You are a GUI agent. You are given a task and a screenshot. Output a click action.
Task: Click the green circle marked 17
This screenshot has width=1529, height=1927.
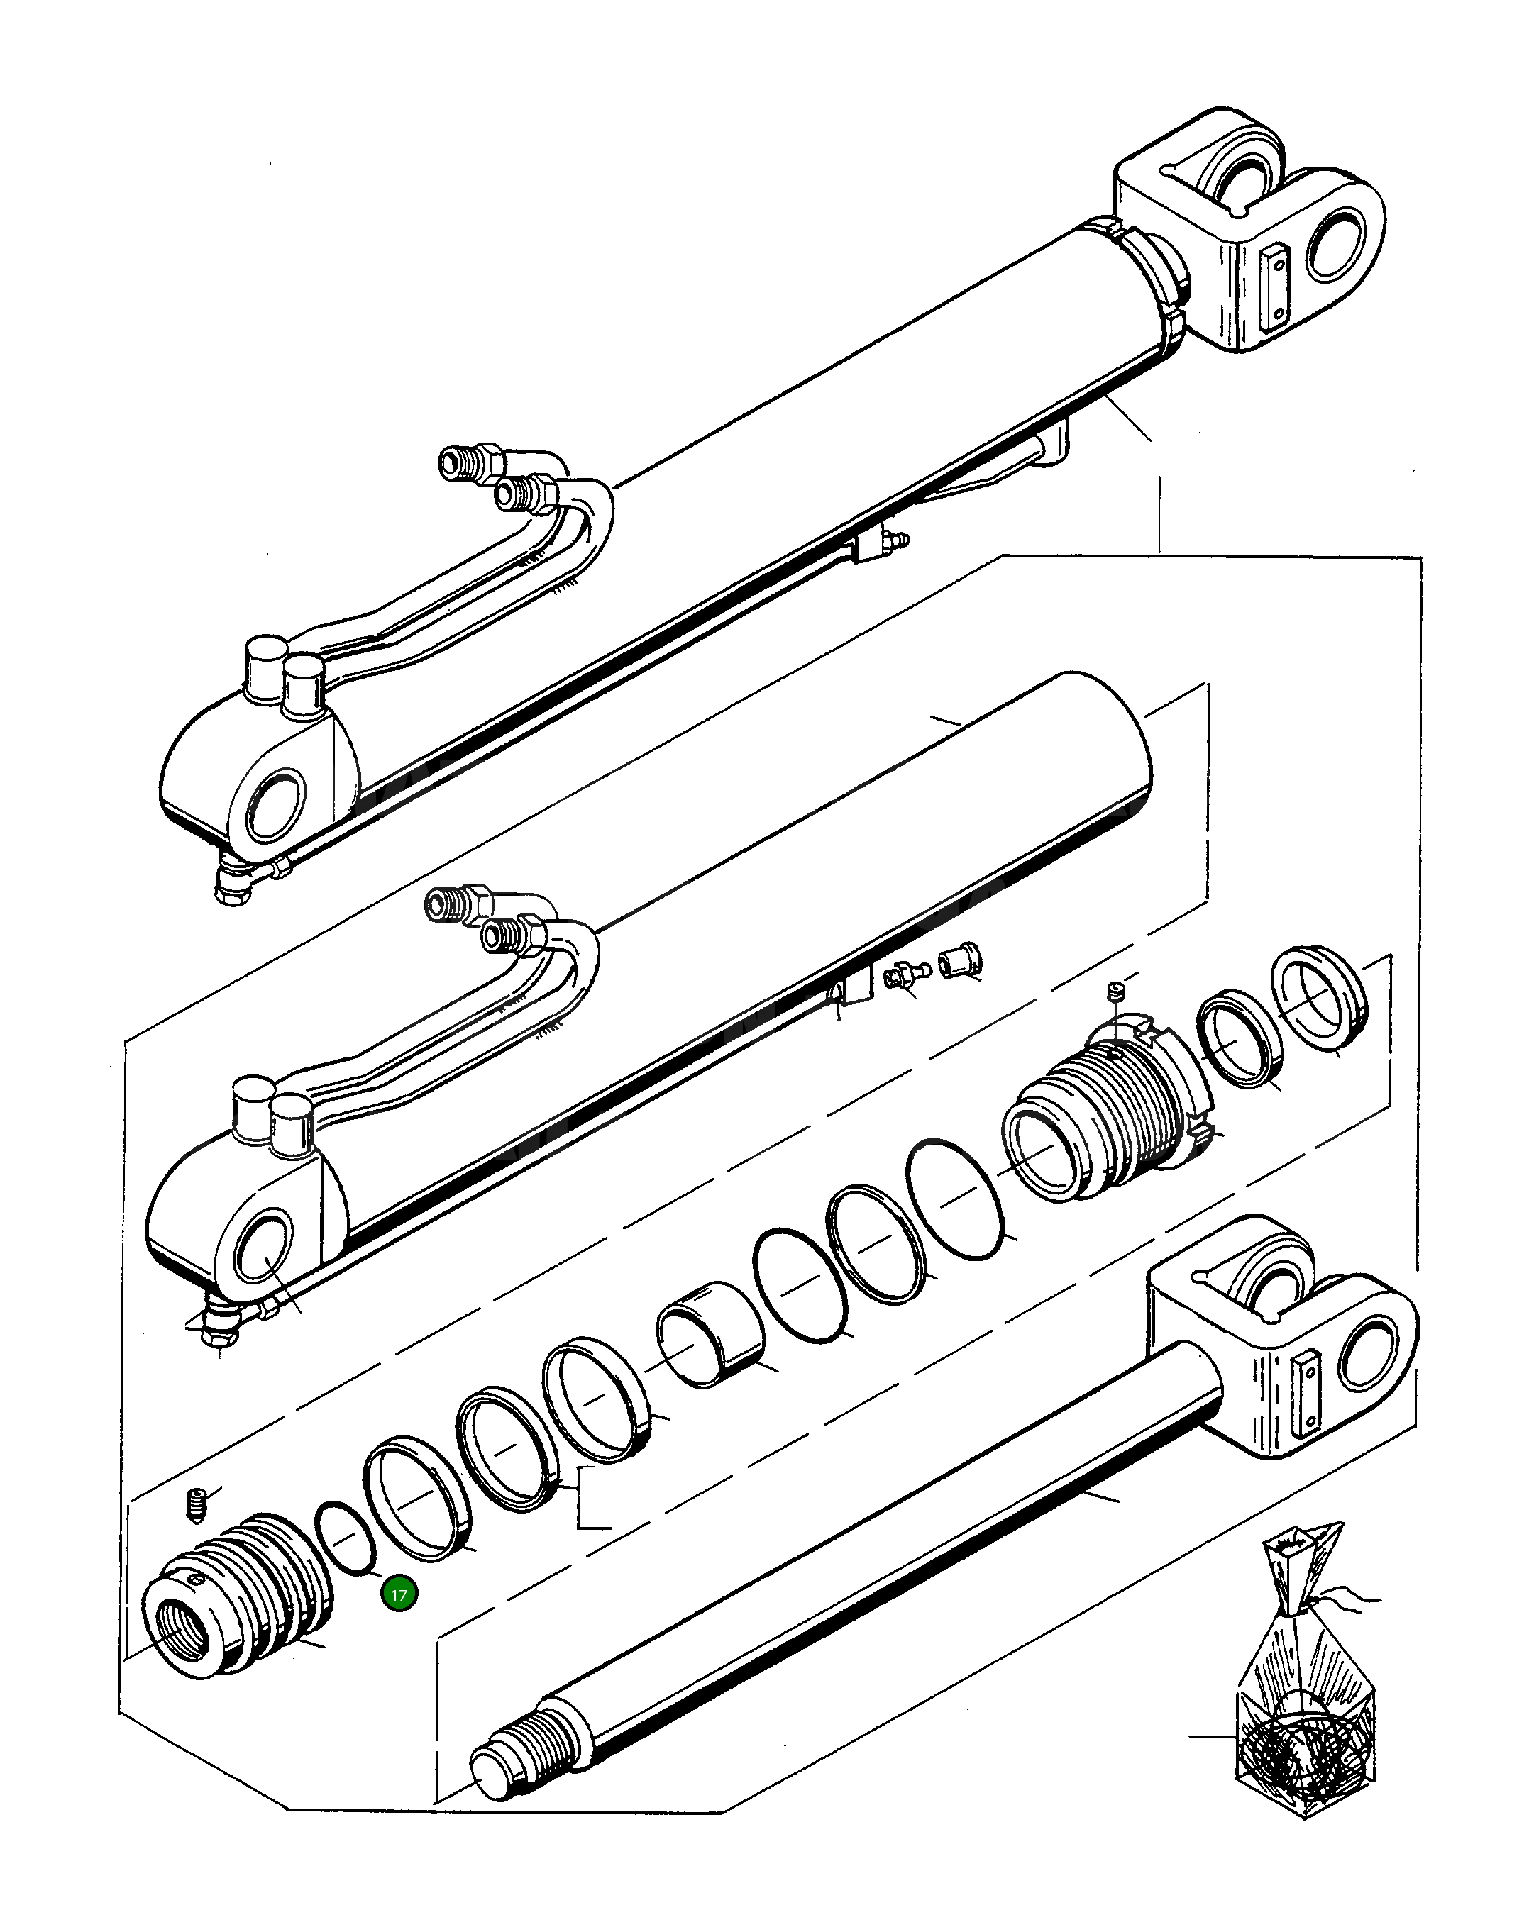(399, 1594)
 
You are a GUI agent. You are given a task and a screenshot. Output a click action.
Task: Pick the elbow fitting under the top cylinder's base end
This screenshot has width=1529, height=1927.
(235, 884)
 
